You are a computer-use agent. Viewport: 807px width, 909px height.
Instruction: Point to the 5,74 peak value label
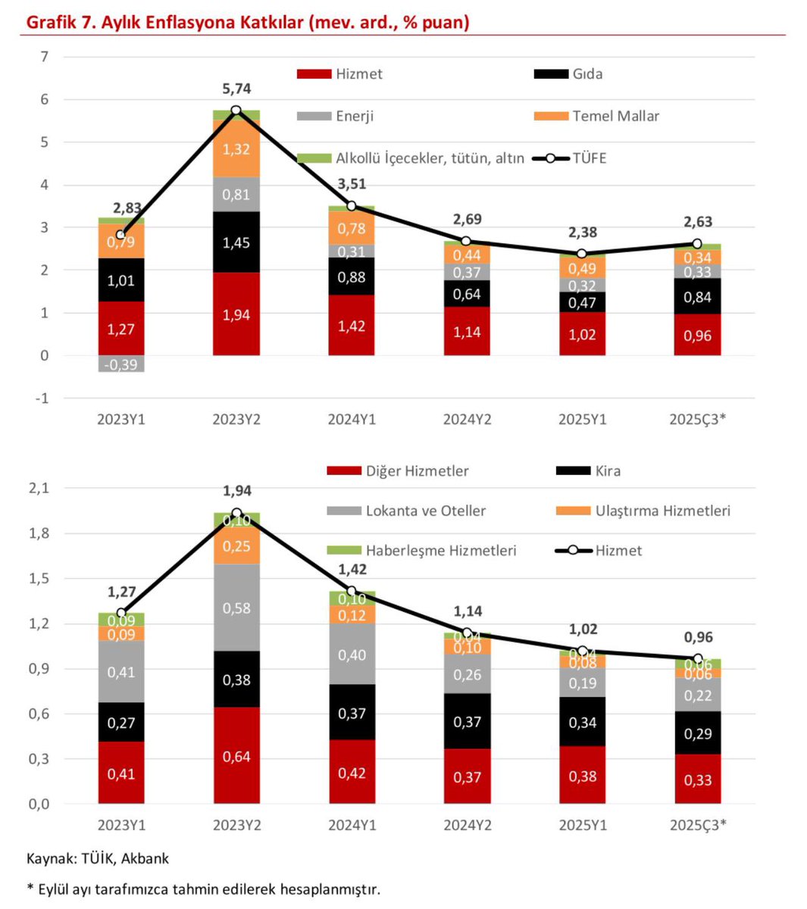pos(236,89)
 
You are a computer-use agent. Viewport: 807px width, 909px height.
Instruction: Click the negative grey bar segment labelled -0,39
pos(121,364)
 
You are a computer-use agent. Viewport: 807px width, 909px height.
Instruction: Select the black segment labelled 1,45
pos(236,242)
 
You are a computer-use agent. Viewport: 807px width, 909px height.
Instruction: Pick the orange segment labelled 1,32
pos(236,148)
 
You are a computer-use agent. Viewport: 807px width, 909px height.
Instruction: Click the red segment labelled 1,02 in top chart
pos(583,334)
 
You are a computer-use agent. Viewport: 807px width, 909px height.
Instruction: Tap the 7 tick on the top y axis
pos(45,57)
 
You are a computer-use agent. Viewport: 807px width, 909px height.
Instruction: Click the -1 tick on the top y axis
pos(43,398)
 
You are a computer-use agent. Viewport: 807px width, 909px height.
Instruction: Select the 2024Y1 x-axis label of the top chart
pos(352,419)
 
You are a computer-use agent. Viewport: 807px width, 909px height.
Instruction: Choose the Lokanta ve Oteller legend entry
pos(406,511)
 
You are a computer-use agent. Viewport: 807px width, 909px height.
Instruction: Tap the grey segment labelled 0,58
pos(236,608)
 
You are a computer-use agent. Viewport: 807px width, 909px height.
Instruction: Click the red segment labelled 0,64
pos(236,756)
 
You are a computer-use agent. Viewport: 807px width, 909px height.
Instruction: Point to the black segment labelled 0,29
pos(698,733)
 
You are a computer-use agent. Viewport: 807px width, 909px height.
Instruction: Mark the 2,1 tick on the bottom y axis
pos(39,489)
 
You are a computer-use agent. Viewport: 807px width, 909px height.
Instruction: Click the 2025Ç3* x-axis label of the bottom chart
pos(698,825)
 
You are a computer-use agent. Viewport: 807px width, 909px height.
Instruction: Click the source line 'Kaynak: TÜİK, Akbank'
pos(98,858)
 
